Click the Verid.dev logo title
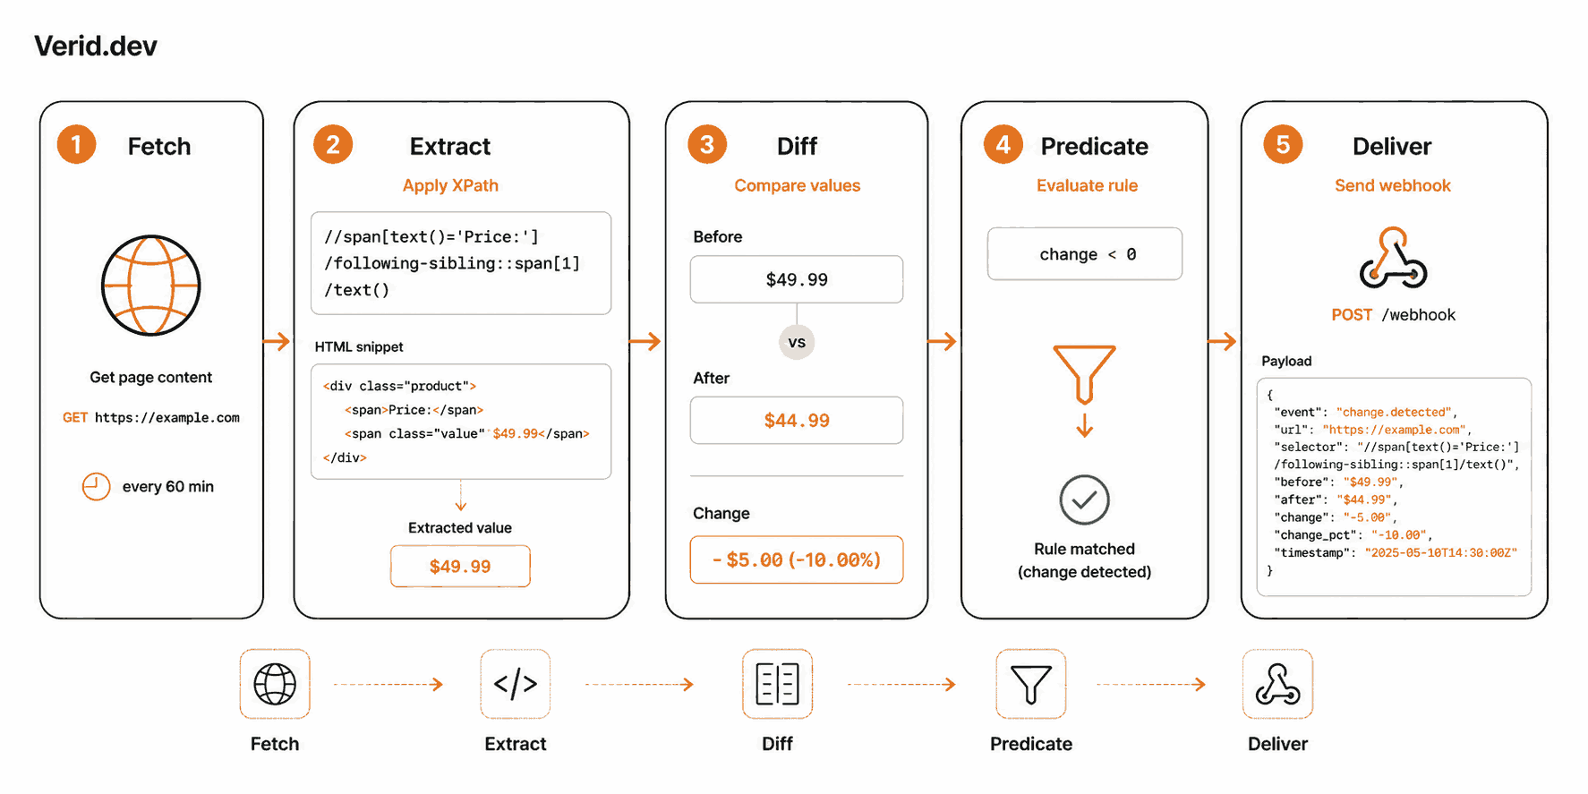(96, 46)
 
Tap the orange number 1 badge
(77, 144)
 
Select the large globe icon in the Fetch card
(150, 286)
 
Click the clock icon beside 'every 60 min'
(96, 486)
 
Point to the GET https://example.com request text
(151, 417)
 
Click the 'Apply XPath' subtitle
(450, 185)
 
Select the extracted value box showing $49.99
(460, 566)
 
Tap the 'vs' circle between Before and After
(797, 342)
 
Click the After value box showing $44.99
(797, 420)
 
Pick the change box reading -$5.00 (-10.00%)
(797, 559)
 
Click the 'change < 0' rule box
(1085, 254)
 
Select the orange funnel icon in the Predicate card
(1085, 373)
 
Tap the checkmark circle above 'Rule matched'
(1085, 499)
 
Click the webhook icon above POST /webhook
(1393, 258)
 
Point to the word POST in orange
(1352, 315)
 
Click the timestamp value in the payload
(1440, 552)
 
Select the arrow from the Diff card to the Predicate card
(943, 341)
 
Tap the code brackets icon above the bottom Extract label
(516, 684)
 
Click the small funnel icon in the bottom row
(1031, 684)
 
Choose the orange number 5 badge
(1283, 144)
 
